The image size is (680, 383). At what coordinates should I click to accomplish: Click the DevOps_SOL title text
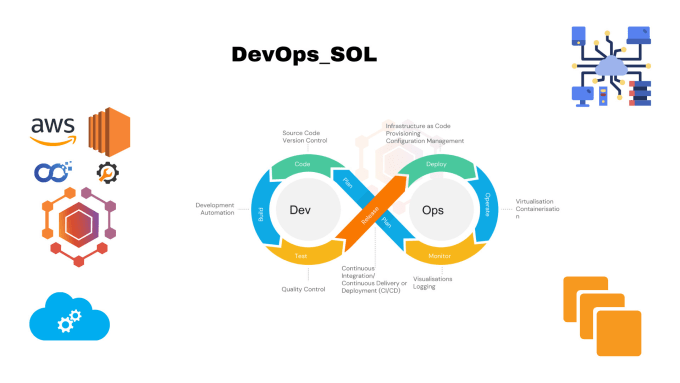point(304,55)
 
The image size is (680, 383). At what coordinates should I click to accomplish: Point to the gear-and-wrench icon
point(108,172)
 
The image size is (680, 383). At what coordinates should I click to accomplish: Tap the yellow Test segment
point(300,255)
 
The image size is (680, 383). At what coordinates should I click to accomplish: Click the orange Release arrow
point(369,211)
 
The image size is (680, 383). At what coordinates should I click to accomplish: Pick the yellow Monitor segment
point(435,256)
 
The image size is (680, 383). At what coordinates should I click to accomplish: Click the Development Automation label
point(214,208)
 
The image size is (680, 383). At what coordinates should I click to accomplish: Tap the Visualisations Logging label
point(432,282)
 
